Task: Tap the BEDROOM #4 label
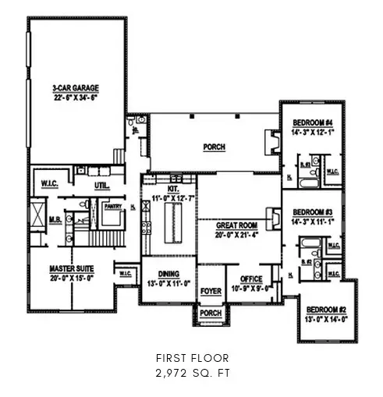point(313,122)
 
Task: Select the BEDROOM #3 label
point(313,212)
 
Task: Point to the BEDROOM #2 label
point(320,309)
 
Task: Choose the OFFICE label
point(250,278)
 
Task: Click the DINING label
point(168,275)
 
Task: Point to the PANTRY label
point(113,206)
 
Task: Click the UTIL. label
point(102,186)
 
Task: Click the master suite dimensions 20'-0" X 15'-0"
point(72,277)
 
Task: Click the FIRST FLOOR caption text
point(191,358)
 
